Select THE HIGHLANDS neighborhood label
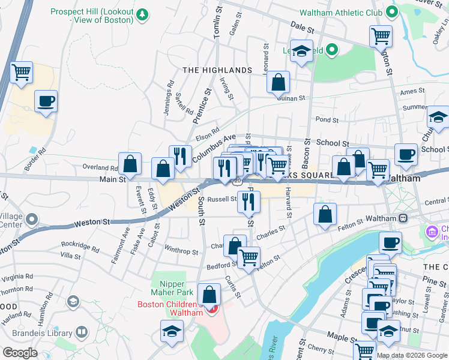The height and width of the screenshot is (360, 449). point(217,70)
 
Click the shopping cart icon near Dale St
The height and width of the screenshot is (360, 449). point(381,37)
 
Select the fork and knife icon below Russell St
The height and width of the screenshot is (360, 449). point(249,202)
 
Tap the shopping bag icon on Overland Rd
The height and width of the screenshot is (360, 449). point(130,164)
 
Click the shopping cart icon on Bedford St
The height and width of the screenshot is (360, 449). point(249,258)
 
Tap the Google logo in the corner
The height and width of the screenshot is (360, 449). point(20,353)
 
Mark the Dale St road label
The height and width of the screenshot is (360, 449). point(302,28)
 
